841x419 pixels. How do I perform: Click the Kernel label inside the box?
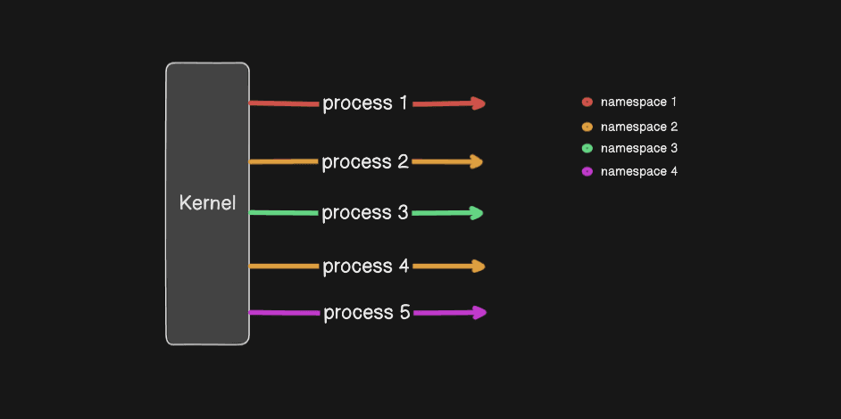click(207, 203)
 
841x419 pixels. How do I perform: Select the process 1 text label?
click(365, 103)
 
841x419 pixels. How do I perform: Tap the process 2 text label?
click(365, 162)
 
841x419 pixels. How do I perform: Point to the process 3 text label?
click(365, 213)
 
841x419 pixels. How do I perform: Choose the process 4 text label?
click(365, 267)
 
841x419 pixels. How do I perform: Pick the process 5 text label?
click(366, 313)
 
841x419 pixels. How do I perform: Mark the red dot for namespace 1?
click(587, 103)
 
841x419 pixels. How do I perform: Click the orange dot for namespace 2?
click(587, 127)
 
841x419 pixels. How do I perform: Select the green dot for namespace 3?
click(587, 149)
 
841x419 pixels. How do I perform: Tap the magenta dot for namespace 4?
click(587, 171)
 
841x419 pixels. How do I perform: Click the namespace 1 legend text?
click(639, 103)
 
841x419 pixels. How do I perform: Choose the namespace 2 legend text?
click(639, 127)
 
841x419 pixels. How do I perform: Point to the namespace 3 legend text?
click(639, 148)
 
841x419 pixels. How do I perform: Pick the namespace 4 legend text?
click(639, 171)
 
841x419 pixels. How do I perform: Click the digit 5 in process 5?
click(404, 313)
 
